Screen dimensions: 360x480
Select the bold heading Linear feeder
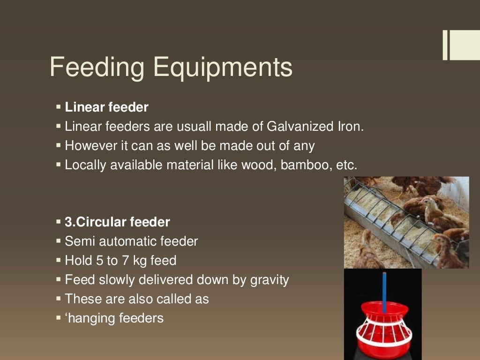(x=106, y=107)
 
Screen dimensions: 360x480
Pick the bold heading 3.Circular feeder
(x=117, y=222)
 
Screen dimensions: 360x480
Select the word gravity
(x=269, y=280)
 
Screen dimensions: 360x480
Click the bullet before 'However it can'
(x=59, y=145)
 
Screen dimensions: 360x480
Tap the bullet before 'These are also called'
(x=59, y=299)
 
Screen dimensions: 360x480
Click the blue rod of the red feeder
(x=384, y=291)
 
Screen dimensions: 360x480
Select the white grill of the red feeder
(x=383, y=330)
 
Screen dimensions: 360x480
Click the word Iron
(x=350, y=127)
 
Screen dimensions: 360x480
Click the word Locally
(x=85, y=165)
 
